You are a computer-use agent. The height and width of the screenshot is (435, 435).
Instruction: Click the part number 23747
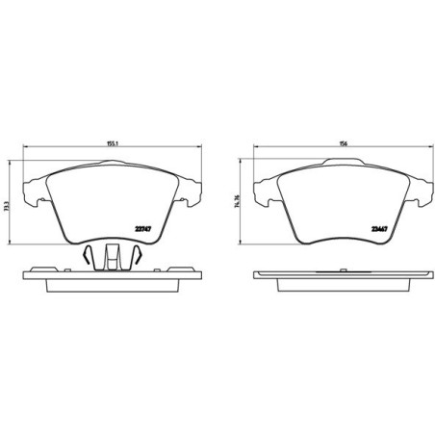click(x=145, y=227)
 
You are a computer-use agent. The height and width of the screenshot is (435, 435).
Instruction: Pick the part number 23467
click(x=379, y=228)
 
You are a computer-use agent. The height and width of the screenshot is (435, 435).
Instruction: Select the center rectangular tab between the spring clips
click(x=112, y=255)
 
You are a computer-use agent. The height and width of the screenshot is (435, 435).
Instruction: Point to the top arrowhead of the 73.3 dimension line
click(x=13, y=154)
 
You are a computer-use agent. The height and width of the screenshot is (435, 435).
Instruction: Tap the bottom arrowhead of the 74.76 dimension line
click(x=243, y=240)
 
